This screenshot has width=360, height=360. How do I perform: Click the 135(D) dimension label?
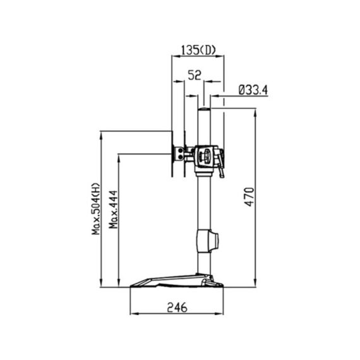pyautogui.click(x=198, y=50)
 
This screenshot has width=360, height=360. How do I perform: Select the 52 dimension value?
pyautogui.click(x=195, y=75)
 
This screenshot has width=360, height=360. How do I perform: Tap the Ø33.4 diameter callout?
pyautogui.click(x=253, y=90)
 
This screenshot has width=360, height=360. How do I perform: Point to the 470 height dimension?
pyautogui.click(x=249, y=197)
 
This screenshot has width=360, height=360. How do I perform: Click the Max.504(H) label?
pyautogui.click(x=96, y=208)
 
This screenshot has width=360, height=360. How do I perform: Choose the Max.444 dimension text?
pyautogui.click(x=113, y=210)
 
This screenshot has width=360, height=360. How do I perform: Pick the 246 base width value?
pyautogui.click(x=177, y=308)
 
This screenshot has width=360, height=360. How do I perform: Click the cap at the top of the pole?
pyautogui.click(x=204, y=109)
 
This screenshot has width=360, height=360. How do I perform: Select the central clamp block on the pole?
pyautogui.click(x=205, y=157)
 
